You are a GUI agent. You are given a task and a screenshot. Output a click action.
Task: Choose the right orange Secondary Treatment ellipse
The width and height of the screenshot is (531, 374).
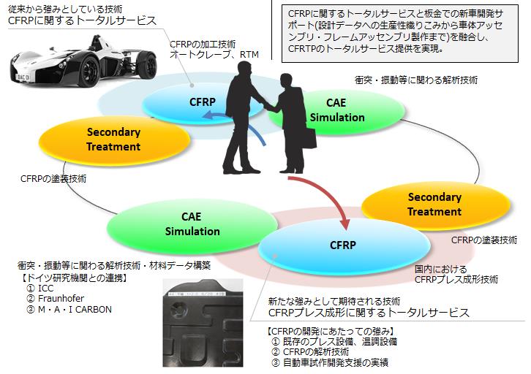(434, 205)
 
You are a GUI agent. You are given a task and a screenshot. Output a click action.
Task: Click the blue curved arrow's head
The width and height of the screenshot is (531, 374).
(208, 116)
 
